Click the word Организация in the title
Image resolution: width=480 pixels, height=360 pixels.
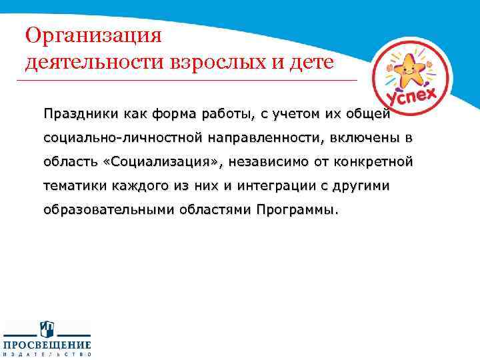(x=93, y=34)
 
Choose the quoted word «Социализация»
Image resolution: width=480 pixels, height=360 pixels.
(x=165, y=162)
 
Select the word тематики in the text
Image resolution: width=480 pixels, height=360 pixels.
(x=72, y=186)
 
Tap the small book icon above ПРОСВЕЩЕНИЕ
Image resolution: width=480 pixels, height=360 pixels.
(x=47, y=329)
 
